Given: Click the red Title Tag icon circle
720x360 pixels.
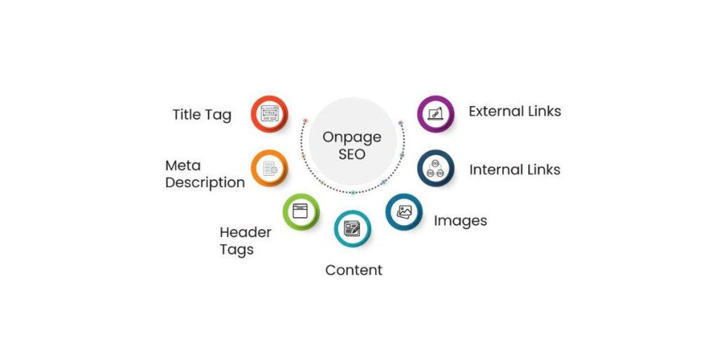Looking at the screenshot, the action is (x=269, y=114).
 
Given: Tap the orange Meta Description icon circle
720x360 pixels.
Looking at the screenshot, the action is (x=269, y=168).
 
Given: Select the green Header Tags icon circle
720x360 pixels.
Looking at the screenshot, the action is (x=301, y=211).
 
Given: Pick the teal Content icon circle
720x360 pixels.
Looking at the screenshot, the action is (x=352, y=229).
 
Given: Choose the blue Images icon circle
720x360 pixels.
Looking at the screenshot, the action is (x=404, y=211).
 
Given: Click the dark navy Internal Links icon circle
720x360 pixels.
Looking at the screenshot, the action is (x=435, y=168).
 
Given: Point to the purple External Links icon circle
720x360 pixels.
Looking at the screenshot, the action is (x=435, y=114).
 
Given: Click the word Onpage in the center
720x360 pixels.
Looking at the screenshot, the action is (x=352, y=138).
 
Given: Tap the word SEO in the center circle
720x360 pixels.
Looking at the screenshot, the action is (x=352, y=154).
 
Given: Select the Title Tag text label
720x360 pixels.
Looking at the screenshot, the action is (x=202, y=115).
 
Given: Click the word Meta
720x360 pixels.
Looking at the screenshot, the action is (x=184, y=165).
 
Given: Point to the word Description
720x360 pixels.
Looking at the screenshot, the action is (x=205, y=183).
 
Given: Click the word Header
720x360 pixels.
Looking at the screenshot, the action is (x=245, y=232).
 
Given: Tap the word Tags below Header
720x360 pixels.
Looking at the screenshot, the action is (x=236, y=250).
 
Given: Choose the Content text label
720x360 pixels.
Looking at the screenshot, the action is (x=354, y=270).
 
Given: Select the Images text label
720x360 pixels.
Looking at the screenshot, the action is (x=460, y=221).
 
